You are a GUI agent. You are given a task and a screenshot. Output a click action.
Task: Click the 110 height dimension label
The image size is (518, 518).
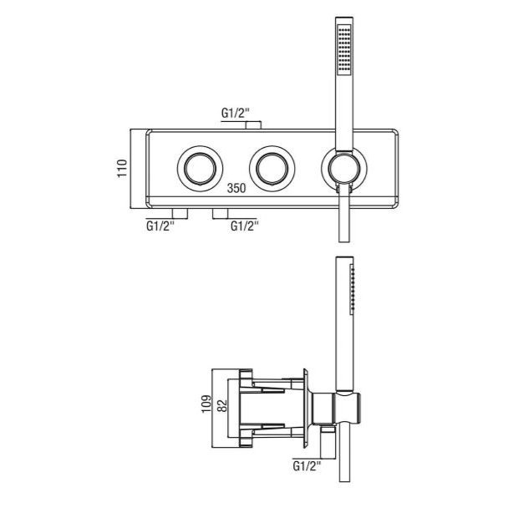click(122, 169)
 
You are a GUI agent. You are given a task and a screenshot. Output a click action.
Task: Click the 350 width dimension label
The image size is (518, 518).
click(236, 188)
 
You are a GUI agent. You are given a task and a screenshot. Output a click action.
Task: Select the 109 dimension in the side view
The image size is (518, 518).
click(206, 404)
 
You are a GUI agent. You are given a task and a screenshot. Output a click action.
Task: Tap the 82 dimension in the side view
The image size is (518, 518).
click(223, 406)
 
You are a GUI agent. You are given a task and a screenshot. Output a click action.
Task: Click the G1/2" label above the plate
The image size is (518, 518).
click(235, 114)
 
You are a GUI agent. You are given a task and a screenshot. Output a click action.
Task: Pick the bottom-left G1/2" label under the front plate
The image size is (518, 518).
click(160, 226)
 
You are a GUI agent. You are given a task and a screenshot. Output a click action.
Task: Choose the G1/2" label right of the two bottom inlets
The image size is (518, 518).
click(245, 226)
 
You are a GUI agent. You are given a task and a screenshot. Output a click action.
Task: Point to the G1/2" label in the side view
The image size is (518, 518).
click(307, 466)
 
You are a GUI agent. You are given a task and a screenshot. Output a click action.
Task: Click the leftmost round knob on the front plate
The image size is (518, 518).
click(200, 169)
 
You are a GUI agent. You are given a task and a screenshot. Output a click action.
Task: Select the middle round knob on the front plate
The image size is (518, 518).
click(272, 169)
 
